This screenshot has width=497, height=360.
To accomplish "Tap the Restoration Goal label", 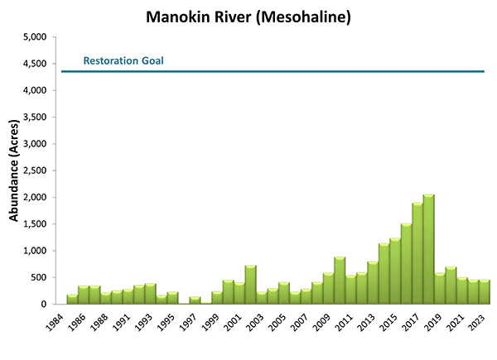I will pyautogui.click(x=123, y=60).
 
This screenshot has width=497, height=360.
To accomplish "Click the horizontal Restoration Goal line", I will pyautogui.click(x=273, y=72).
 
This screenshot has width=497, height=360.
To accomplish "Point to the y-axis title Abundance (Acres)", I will pyautogui.click(x=14, y=170).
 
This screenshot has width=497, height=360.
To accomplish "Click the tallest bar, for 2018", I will pyautogui.click(x=428, y=249).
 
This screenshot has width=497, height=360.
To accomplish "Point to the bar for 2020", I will pyautogui.click(x=451, y=286).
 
